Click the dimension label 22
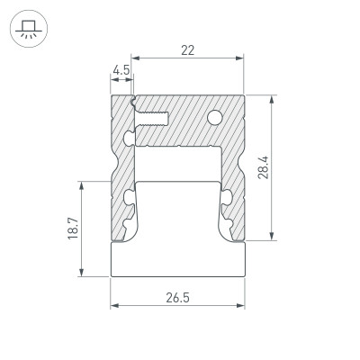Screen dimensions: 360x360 (x=188, y=51)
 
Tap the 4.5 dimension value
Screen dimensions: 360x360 (x=121, y=68)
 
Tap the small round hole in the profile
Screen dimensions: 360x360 (x=216, y=117)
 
